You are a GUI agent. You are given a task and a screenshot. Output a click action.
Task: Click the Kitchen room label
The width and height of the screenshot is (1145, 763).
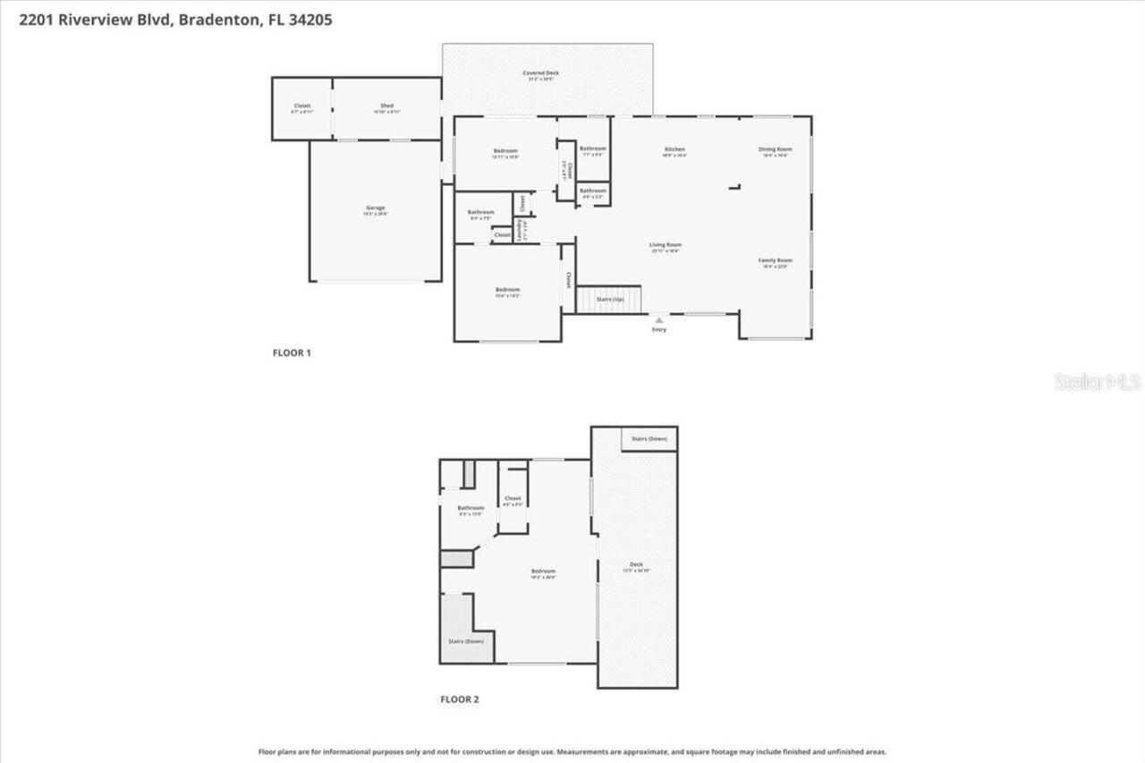pos(674,149)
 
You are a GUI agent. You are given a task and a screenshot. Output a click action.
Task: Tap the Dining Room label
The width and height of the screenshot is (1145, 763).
pos(775,149)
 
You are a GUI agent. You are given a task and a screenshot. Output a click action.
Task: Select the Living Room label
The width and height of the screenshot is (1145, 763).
pos(666,245)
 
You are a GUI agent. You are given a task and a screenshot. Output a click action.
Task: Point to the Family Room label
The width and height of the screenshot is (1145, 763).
pos(775,260)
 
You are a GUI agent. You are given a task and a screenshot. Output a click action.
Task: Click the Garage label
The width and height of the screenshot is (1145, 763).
pos(375,208)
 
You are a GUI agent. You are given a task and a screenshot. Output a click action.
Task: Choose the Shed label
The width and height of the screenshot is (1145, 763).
pos(387,106)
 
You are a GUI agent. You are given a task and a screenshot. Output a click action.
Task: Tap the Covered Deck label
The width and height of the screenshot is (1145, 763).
pos(540,73)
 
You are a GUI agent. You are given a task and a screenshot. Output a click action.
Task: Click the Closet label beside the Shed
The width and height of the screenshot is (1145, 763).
pos(301,106)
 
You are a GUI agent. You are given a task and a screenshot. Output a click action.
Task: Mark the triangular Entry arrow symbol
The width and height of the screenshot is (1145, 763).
pos(658,318)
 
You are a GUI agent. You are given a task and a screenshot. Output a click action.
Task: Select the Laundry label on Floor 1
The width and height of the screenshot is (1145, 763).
pos(519,230)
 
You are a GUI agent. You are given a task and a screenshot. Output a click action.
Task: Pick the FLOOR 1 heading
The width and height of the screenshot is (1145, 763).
pos(292,353)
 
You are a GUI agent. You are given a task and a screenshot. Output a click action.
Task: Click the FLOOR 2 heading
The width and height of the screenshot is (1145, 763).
pos(460,699)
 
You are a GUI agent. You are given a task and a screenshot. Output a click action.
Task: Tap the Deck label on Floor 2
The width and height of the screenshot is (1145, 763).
pos(636,564)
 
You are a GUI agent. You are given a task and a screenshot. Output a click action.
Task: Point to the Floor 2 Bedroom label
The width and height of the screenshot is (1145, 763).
pos(543,572)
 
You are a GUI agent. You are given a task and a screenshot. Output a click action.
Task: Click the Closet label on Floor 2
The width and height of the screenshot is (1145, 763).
pos(513,499)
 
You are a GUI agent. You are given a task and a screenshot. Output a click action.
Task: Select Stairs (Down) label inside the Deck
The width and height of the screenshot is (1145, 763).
pos(649,439)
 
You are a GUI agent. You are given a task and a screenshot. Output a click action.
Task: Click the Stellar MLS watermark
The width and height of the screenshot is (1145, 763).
pos(1098,383)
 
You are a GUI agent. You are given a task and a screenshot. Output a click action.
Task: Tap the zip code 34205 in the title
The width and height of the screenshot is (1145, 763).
pos(311,20)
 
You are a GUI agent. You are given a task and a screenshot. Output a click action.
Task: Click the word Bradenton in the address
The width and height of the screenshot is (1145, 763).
pos(216,20)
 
